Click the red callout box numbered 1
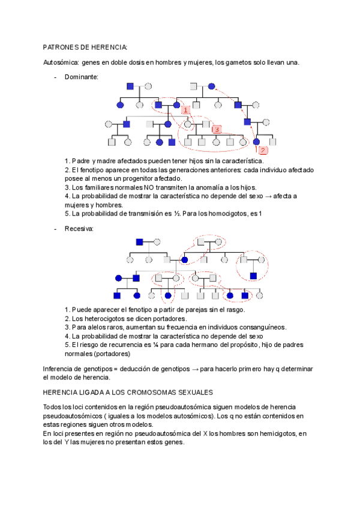186,110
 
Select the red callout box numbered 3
217,129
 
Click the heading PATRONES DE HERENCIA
85,47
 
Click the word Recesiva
78,229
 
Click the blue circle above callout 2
256,142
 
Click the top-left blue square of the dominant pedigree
130,86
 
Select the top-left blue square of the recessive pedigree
139,241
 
